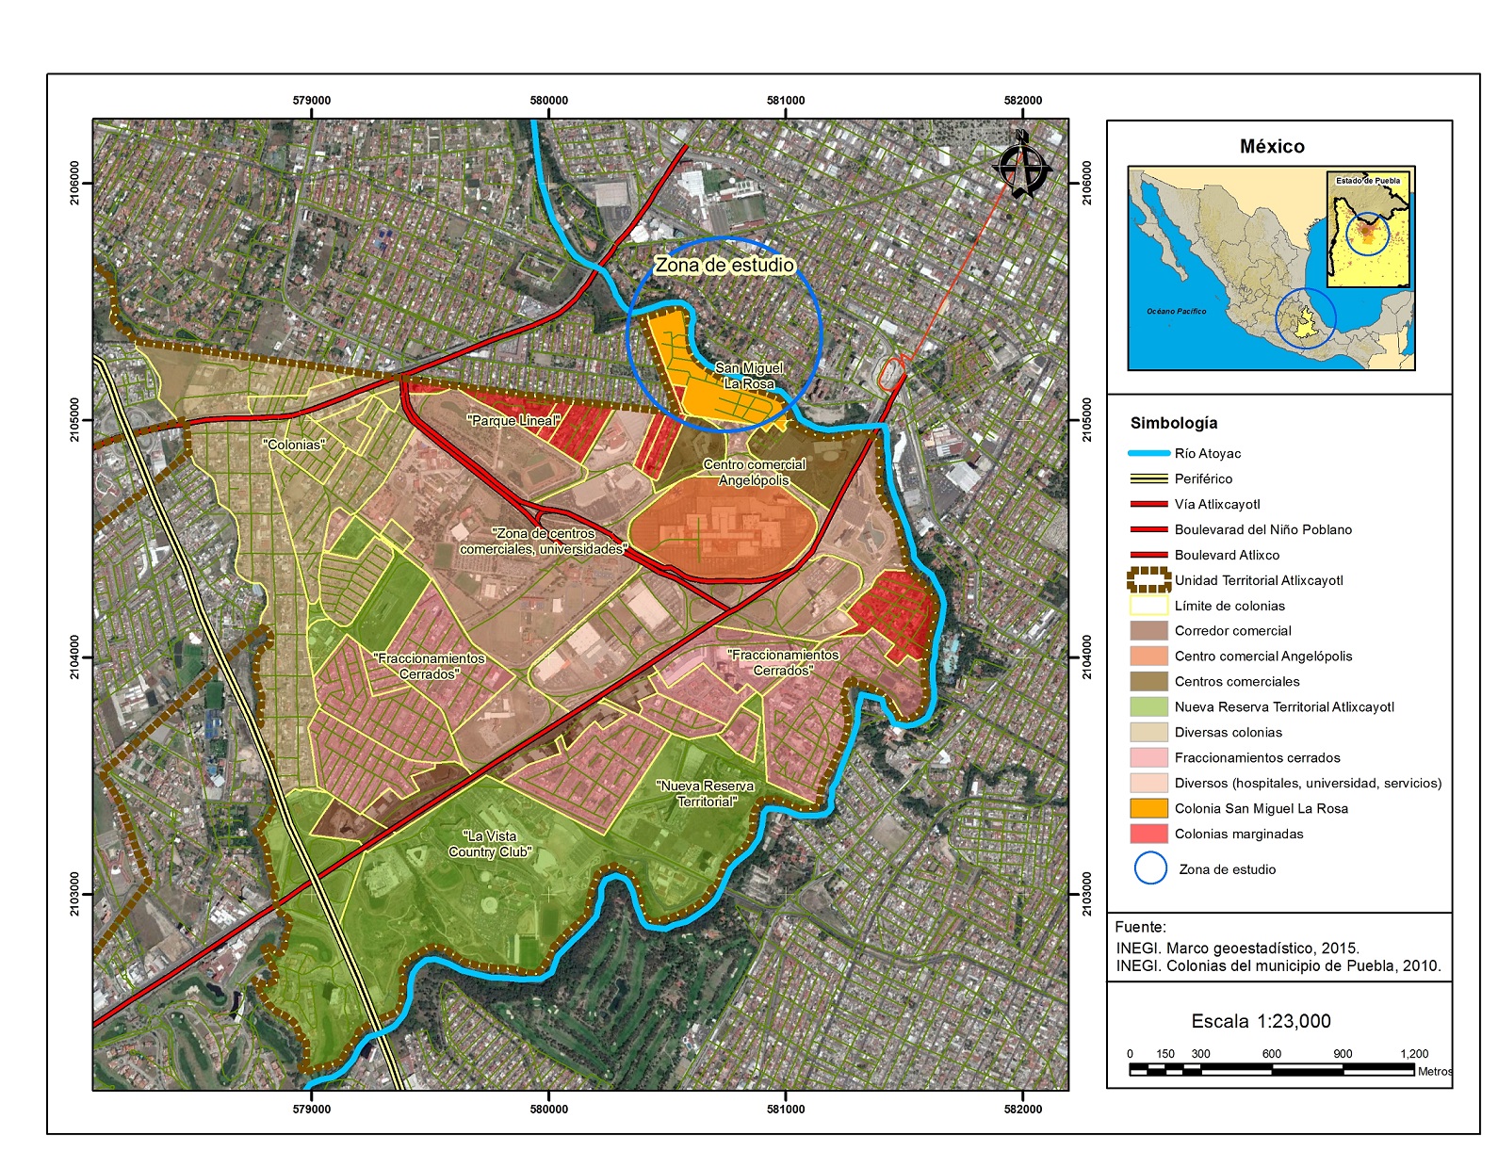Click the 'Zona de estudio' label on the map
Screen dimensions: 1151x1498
coord(725,266)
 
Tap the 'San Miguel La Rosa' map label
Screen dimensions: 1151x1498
coord(749,376)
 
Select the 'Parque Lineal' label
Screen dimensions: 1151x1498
coord(513,420)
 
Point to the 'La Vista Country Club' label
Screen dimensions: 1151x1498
coord(490,844)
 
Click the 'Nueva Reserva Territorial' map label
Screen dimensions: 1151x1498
coord(706,793)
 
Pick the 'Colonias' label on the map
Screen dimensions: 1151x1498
coord(295,445)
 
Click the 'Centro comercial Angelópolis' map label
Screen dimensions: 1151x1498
coord(755,472)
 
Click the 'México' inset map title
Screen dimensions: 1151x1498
coord(1272,147)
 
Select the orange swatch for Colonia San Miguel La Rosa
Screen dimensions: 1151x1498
coord(1148,808)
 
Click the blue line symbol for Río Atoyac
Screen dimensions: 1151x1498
coord(1148,453)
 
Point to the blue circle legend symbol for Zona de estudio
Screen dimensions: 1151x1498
coord(1150,868)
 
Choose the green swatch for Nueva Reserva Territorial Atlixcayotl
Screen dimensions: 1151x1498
coord(1148,706)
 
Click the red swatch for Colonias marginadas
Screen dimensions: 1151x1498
coord(1148,834)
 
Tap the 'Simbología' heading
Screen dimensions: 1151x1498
coord(1174,423)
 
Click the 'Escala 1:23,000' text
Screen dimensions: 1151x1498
coord(1261,1021)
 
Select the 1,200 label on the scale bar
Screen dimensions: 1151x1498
coord(1413,1054)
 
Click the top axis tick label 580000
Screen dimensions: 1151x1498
coord(549,101)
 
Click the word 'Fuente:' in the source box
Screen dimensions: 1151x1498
coord(1140,927)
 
